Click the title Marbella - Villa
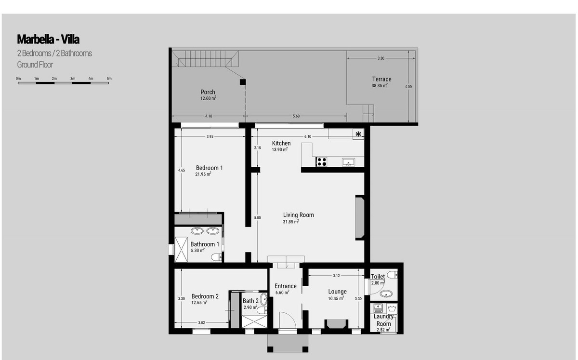(48, 39)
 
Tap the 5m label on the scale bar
(109, 78)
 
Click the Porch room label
(208, 92)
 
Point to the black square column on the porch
(243, 82)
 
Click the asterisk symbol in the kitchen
(358, 134)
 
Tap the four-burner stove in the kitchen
(321, 161)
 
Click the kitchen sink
(348, 161)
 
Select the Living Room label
(299, 215)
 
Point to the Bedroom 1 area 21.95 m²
(203, 174)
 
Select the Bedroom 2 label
(205, 296)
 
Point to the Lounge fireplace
(335, 324)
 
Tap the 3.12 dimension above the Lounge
(336, 276)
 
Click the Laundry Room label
(384, 320)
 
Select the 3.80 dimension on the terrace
(381, 58)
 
